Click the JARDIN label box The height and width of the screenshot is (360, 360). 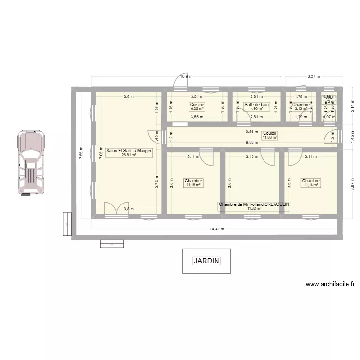(x=206, y=261)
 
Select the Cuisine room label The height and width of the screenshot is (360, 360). (x=197, y=105)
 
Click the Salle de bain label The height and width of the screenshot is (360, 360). (x=256, y=105)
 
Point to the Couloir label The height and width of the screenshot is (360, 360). (x=270, y=133)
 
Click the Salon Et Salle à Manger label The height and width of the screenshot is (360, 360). (x=129, y=151)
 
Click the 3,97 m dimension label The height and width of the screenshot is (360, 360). (x=352, y=180)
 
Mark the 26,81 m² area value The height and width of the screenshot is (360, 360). (x=129, y=155)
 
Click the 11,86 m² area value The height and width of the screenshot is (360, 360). (x=270, y=138)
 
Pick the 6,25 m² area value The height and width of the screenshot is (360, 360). (x=197, y=109)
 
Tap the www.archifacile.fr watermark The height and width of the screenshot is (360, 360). (x=330, y=284)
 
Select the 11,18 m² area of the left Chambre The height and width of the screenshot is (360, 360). (x=193, y=185)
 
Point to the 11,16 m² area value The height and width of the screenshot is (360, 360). (x=311, y=185)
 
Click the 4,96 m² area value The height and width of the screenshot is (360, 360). (x=256, y=109)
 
